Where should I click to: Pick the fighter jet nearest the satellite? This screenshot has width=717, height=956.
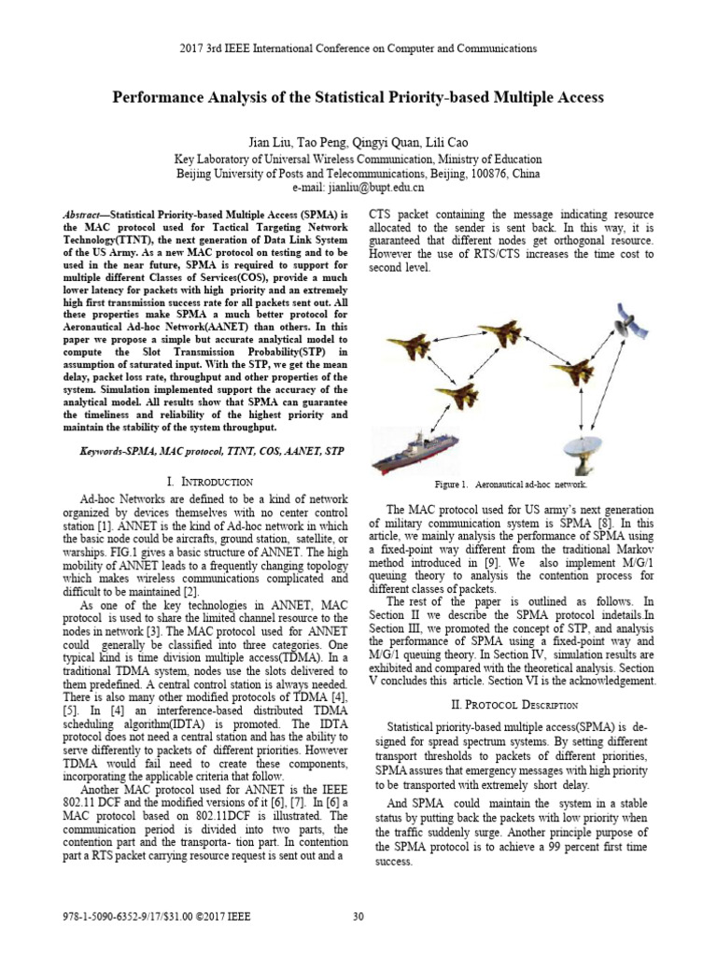572,371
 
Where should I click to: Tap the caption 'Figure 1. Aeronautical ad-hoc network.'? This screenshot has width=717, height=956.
510,485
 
